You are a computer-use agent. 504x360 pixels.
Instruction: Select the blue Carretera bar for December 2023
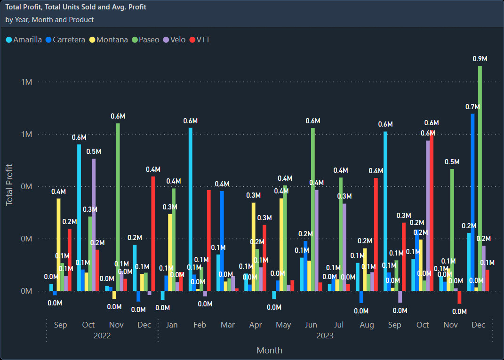point(472,202)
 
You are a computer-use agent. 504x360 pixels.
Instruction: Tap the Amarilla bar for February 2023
point(191,209)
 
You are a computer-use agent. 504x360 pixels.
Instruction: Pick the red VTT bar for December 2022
point(153,233)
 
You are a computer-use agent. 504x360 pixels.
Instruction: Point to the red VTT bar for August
point(376,234)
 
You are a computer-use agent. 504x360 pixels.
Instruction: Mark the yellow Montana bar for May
point(281,244)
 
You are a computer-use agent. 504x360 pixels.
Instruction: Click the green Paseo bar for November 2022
point(118,207)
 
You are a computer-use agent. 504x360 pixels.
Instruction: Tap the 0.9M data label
point(480,59)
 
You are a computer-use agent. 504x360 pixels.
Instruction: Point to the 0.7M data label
point(472,107)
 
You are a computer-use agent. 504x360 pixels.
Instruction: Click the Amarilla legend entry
point(24,40)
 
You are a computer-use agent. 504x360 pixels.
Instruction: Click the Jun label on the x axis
point(311,325)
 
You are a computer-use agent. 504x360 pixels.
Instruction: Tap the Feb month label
point(200,325)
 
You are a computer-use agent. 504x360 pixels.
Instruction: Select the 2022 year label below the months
point(102,336)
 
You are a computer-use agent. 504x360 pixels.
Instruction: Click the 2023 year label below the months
point(325,336)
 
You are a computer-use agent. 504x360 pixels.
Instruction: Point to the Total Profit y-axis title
point(9,185)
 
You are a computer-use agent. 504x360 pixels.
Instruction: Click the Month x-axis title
point(269,350)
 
